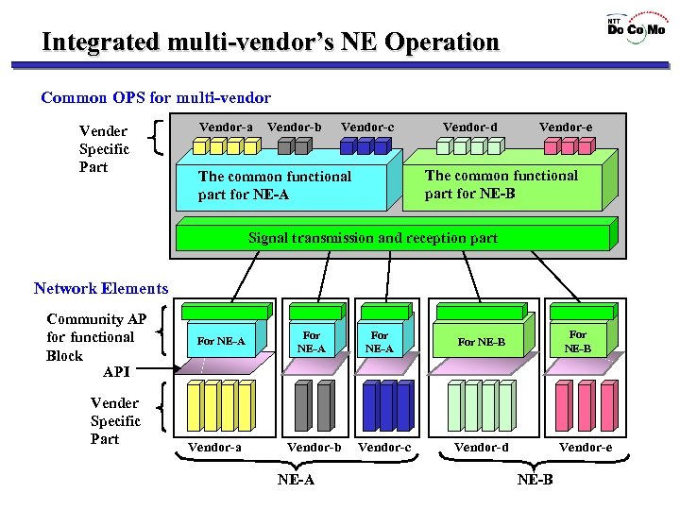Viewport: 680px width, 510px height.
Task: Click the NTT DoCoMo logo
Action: [635, 26]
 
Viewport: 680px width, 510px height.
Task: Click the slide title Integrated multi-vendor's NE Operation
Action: [270, 42]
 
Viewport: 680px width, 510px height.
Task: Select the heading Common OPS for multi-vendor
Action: [156, 97]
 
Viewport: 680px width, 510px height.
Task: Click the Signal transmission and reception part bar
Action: [373, 238]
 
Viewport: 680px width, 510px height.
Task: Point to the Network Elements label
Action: [101, 289]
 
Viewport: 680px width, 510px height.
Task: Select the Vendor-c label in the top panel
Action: [367, 127]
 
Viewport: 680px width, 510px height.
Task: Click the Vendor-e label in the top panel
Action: [566, 127]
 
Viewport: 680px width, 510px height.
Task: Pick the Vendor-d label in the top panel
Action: [469, 127]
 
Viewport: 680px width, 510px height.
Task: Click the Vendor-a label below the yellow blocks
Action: [214, 447]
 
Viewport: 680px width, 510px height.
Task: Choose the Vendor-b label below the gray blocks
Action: [314, 447]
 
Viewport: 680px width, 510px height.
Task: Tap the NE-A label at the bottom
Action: [296, 480]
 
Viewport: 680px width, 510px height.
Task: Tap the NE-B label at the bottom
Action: [535, 480]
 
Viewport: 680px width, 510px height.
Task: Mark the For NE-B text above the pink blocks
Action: [578, 341]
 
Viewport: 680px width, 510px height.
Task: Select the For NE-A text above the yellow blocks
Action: [220, 342]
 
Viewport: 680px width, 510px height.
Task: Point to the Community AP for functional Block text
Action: [95, 337]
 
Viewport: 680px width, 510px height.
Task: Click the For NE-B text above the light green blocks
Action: [481, 342]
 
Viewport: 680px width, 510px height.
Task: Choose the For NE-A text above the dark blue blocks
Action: [380, 341]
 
